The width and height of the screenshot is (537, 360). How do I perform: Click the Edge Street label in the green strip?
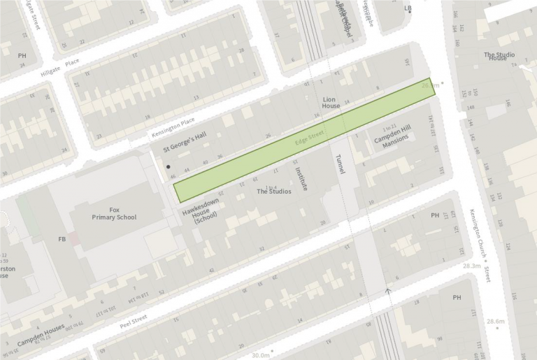[x=310, y=137]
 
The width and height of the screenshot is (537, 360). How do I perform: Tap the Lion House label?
[x=331, y=103]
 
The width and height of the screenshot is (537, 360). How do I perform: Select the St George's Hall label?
[x=185, y=142]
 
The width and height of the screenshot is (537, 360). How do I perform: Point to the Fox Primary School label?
[x=114, y=213]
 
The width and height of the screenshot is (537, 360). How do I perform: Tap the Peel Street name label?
[x=133, y=319]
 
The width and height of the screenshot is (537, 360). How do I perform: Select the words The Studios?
[x=274, y=191]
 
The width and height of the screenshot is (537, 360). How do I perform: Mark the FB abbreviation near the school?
[x=62, y=239]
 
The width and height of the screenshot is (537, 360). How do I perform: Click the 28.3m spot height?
[x=472, y=266]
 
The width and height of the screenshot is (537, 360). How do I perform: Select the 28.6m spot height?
[x=495, y=322]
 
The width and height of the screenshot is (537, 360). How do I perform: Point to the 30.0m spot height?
[x=261, y=355]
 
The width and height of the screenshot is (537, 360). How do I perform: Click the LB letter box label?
[x=408, y=8]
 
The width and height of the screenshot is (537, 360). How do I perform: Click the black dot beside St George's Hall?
[x=169, y=167]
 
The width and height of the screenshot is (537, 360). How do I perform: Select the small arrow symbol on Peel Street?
[x=388, y=288]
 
